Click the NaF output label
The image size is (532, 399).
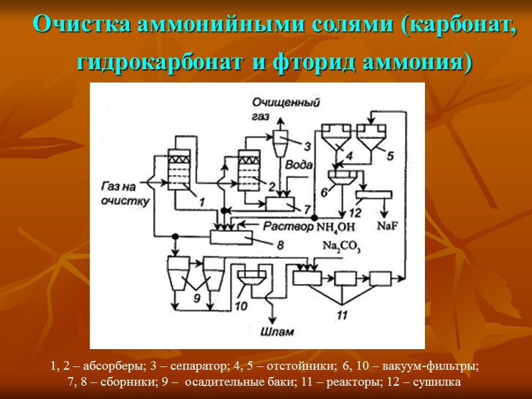(x=388, y=225)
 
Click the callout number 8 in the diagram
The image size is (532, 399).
(x=280, y=245)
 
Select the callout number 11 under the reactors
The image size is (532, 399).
(x=342, y=315)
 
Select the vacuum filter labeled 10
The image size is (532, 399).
(x=251, y=278)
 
